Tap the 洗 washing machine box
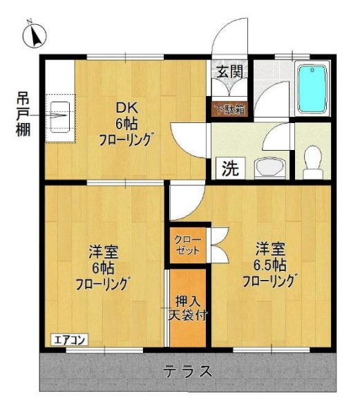(229, 168)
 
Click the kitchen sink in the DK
(61, 116)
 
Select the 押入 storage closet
(188, 308)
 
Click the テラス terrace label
(187, 371)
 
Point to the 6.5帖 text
(268, 264)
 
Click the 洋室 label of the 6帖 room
(102, 250)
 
